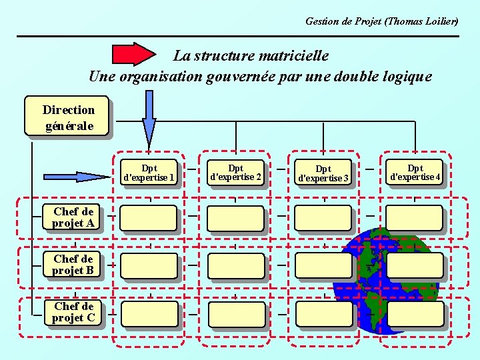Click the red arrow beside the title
[133, 54]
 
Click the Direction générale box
[68, 117]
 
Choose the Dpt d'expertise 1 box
[149, 173]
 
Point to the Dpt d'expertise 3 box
[323, 173]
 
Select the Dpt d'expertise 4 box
[415, 173]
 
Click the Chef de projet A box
[73, 217]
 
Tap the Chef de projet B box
[73, 264]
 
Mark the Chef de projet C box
[74, 312]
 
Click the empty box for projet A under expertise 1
[149, 218]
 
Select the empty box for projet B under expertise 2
[235, 265]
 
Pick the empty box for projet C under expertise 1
[149, 313]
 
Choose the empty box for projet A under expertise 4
[414, 218]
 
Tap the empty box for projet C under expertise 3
[323, 313]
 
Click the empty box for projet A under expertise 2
[235, 218]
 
